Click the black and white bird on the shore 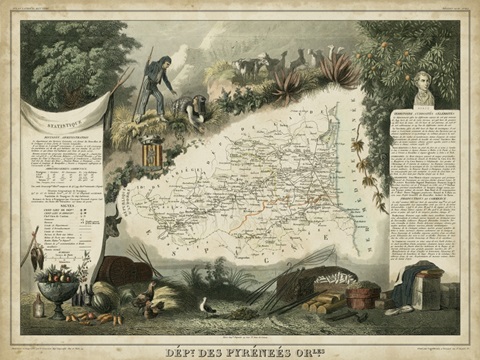point(208,306)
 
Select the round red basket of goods point(364,293)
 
